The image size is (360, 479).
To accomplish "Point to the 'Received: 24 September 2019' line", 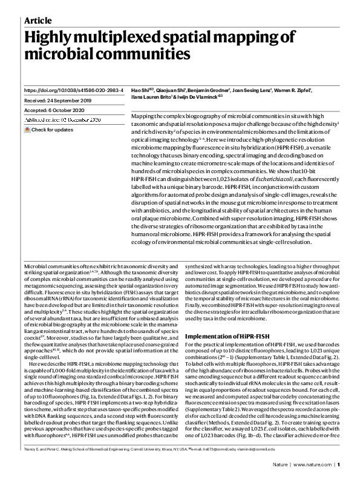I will click(57, 101).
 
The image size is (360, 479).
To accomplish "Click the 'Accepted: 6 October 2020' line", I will click(54, 111).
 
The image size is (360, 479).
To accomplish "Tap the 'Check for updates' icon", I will click(27, 130).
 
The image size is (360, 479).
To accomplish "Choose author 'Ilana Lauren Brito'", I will click(152, 96).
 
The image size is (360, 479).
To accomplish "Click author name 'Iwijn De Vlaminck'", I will click(197, 96).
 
